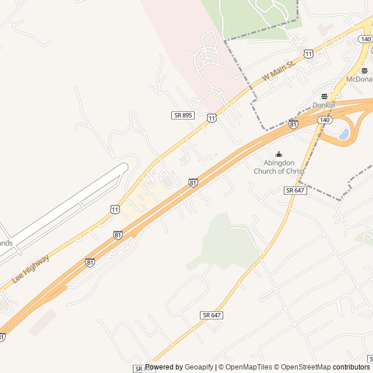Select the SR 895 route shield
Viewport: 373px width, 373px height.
(x=182, y=115)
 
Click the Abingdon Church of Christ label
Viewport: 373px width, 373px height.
(x=279, y=167)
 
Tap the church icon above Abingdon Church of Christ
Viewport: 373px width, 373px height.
(x=279, y=154)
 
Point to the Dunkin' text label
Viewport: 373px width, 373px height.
(x=325, y=105)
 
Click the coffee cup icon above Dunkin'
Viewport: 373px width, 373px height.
(x=325, y=96)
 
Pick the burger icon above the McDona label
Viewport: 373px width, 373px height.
(x=365, y=71)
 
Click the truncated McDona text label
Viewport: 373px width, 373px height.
(x=359, y=79)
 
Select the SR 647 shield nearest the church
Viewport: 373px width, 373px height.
(x=295, y=191)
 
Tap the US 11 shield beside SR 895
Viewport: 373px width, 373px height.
(x=212, y=118)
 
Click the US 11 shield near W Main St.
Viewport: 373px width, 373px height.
(x=308, y=54)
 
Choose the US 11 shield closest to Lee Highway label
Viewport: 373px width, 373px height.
(x=115, y=209)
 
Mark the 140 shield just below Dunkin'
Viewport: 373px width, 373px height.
(x=325, y=119)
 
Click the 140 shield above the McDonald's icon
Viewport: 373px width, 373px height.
(x=365, y=39)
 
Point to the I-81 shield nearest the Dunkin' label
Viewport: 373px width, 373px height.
(x=293, y=124)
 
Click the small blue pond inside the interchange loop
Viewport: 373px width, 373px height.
(x=344, y=134)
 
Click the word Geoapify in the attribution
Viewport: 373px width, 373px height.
(x=199, y=367)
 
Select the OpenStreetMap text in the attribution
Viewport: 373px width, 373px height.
(x=302, y=367)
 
